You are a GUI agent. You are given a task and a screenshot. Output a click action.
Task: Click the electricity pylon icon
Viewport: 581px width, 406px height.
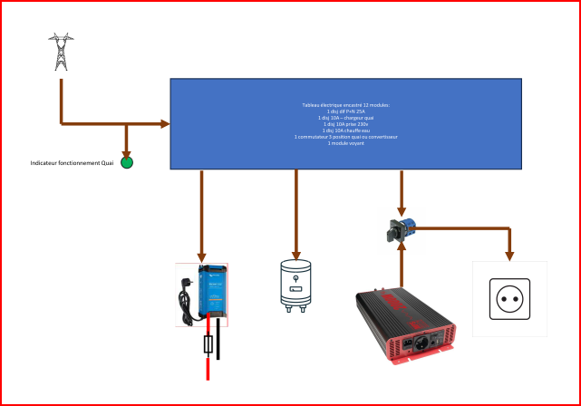click(61, 52)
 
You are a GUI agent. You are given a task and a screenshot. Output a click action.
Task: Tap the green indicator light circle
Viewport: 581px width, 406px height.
click(127, 162)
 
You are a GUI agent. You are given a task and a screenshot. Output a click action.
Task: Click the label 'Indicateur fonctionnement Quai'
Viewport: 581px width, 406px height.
click(71, 163)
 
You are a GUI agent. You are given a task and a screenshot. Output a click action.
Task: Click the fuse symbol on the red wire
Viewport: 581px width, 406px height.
click(209, 345)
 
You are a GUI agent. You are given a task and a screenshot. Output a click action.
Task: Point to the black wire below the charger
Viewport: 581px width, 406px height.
click(218, 340)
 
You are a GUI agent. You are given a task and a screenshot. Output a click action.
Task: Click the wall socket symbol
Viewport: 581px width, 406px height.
click(509, 298)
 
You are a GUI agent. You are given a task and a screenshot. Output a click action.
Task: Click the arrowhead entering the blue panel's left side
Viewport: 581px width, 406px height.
click(166, 123)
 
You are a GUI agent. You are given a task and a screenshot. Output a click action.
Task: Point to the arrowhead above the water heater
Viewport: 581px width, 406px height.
click(295, 256)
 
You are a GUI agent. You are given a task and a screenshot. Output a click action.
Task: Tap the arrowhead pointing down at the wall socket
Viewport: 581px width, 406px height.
click(509, 256)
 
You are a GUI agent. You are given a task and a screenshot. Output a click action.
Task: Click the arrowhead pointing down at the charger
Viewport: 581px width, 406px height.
click(201, 257)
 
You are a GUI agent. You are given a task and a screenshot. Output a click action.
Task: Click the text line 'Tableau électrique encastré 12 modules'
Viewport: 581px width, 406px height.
click(345, 105)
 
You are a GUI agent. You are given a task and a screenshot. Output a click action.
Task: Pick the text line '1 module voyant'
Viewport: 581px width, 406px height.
click(345, 143)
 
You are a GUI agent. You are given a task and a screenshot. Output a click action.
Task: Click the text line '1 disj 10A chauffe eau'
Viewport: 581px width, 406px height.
click(345, 130)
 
